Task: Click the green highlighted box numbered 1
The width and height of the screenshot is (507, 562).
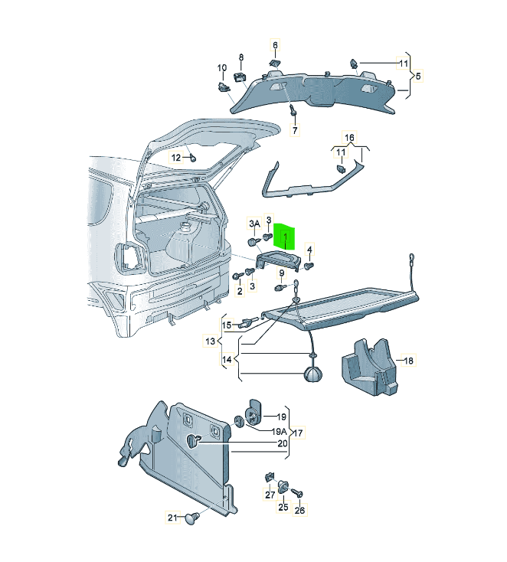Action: point(287,237)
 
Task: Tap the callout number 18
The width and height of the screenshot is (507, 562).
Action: point(408,360)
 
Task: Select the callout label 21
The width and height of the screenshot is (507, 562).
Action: point(172,518)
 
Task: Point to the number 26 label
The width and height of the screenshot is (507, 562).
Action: point(299,510)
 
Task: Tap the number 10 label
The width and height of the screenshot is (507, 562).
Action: point(222,68)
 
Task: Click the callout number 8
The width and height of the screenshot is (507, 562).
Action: point(240,57)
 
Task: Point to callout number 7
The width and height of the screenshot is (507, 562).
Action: point(294,131)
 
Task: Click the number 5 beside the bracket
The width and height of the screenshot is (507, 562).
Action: point(418,76)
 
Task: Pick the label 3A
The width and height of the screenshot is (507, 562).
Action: point(253,223)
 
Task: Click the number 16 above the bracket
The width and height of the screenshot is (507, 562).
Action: point(349,138)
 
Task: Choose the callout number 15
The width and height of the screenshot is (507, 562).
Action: point(227,325)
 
